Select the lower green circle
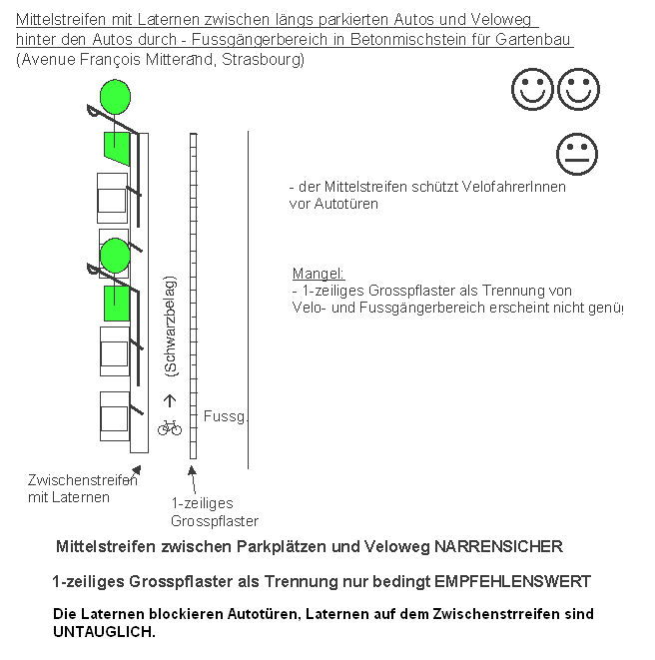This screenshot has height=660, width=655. tap(115, 256)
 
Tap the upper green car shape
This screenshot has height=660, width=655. tap(116, 149)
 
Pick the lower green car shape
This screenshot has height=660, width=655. tap(116, 302)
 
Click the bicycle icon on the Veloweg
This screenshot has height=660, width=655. tap(169, 427)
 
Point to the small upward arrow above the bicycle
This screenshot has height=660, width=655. tap(169, 401)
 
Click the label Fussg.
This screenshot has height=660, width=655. tap(224, 415)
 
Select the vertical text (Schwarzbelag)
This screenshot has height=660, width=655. tap(170, 327)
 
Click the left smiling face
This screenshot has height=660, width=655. tap(532, 90)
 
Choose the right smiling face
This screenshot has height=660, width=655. tap(578, 90)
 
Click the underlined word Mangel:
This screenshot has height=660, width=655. tap(318, 274)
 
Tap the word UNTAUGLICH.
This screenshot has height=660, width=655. tap(104, 632)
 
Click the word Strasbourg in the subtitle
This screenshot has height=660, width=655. tap(263, 61)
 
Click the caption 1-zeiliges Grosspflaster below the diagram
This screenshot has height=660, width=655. tap(214, 512)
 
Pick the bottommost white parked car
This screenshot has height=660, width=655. tap(114, 413)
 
